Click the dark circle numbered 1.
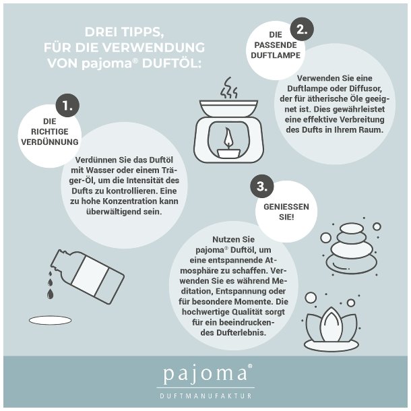(67, 105)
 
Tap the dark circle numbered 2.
(302, 29)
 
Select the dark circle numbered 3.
(262, 187)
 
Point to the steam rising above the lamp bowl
(228, 88)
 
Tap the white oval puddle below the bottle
(50, 320)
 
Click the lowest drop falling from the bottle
(50, 294)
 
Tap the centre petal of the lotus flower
(331, 324)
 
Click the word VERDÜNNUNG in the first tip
(50, 141)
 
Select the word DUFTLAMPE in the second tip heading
(276, 55)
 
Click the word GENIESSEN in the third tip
(286, 207)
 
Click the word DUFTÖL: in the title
(172, 64)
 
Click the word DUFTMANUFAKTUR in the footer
(206, 396)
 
